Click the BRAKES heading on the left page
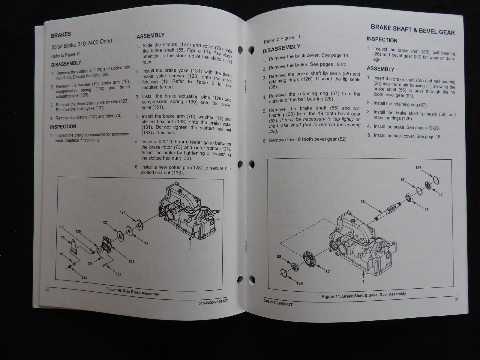pyautogui.click(x=61, y=35)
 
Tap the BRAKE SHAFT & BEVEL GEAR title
pyautogui.click(x=412, y=29)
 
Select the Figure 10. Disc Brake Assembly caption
pyautogui.click(x=132, y=292)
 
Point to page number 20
pyautogui.click(x=47, y=290)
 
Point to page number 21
pyautogui.click(x=457, y=299)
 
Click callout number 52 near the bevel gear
pyautogui.click(x=327, y=272)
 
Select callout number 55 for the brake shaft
pyautogui.click(x=363, y=202)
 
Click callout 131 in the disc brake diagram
pyautogui.click(x=131, y=261)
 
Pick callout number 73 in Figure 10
pyautogui.click(x=146, y=244)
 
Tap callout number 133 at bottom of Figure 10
pyautogui.click(x=84, y=278)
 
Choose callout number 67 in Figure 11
pyautogui.click(x=403, y=180)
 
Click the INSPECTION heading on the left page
pyautogui.click(x=63, y=127)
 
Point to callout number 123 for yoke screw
pyautogui.click(x=118, y=274)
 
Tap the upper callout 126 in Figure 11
pyautogui.click(x=418, y=168)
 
